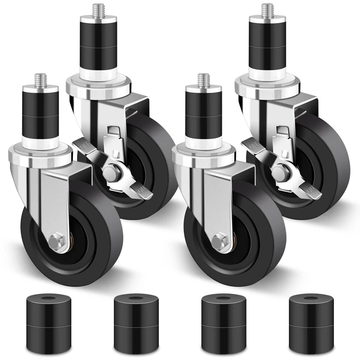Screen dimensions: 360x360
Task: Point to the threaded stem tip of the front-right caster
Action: click(x=203, y=80)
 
